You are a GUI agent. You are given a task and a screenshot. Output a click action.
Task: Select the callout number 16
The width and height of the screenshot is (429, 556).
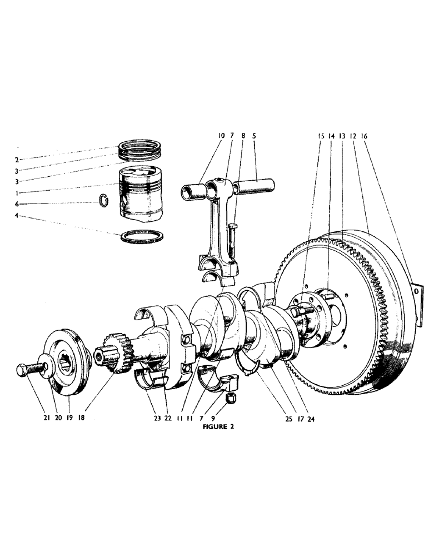point(364,136)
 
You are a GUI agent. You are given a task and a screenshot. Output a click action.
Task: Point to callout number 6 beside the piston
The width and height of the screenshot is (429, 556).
point(18,204)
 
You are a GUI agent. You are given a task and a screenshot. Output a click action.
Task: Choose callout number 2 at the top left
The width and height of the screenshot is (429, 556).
point(18,160)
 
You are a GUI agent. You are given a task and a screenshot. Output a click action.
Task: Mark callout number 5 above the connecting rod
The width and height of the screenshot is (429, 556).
point(254,136)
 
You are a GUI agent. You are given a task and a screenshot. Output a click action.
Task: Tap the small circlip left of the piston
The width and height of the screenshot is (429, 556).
point(103,199)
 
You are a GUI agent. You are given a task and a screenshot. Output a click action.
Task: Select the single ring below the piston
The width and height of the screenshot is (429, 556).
point(143,236)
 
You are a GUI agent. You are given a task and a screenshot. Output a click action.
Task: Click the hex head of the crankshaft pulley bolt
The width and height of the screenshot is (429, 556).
point(22,369)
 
